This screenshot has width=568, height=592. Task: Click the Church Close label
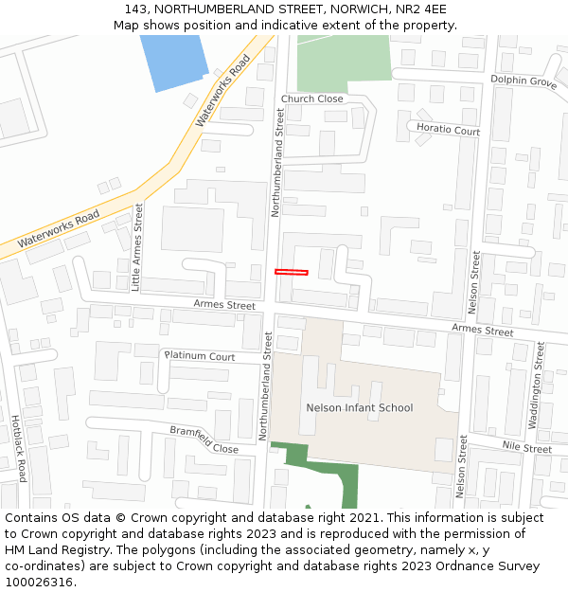(x=311, y=99)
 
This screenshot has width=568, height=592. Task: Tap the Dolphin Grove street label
(x=524, y=82)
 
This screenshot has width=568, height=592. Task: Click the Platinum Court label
(x=200, y=356)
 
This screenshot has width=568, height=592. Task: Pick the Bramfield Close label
(x=204, y=439)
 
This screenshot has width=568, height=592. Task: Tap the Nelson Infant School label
(x=360, y=408)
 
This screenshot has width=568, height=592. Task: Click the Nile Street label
(x=526, y=446)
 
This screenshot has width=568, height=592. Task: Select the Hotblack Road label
(x=20, y=448)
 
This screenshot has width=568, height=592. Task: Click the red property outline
(x=292, y=272)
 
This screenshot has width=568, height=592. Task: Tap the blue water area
(x=173, y=61)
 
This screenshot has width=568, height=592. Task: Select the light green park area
(x=343, y=58)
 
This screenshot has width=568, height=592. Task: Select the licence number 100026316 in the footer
(x=38, y=583)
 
